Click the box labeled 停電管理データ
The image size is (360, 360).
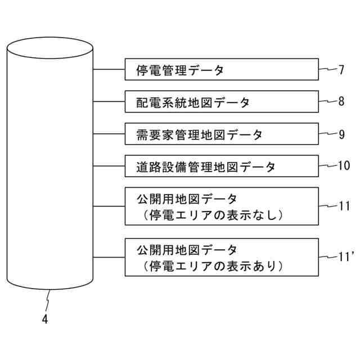[221, 70]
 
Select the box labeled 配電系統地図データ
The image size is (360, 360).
[221, 102]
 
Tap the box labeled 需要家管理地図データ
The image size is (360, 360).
[221, 134]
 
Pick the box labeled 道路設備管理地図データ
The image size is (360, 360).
[221, 166]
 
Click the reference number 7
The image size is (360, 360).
[341, 70]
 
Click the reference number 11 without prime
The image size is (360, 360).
[344, 206]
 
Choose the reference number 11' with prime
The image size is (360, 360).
[345, 256]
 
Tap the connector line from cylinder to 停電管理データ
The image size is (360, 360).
[109, 70]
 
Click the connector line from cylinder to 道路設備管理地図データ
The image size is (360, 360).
[109, 166]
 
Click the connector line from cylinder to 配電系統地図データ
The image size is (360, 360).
[109, 102]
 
